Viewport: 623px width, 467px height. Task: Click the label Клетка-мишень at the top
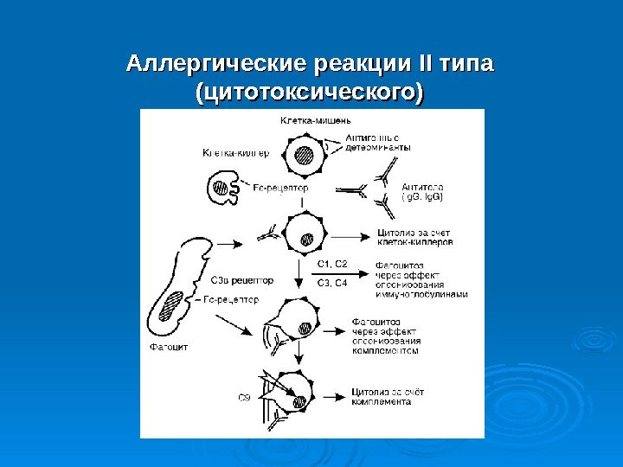pyautogui.click(x=315, y=119)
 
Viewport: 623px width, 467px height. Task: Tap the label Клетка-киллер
pyautogui.click(x=234, y=153)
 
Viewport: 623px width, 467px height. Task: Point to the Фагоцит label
pyautogui.click(x=168, y=347)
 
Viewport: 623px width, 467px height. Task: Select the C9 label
pyautogui.click(x=244, y=398)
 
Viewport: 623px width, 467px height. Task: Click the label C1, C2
pyautogui.click(x=331, y=263)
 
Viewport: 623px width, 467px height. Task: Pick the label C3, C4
pyautogui.click(x=331, y=282)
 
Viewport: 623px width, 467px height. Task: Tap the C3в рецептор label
pyautogui.click(x=242, y=280)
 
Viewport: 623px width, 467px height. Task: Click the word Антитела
pyautogui.click(x=422, y=186)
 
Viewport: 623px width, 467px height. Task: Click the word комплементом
pyautogui.click(x=386, y=352)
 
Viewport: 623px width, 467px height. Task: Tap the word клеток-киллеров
pyautogui.click(x=415, y=244)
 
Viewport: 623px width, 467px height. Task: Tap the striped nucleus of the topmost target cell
pyautogui.click(x=304, y=156)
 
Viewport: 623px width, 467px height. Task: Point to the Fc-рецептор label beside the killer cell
pyautogui.click(x=282, y=186)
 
